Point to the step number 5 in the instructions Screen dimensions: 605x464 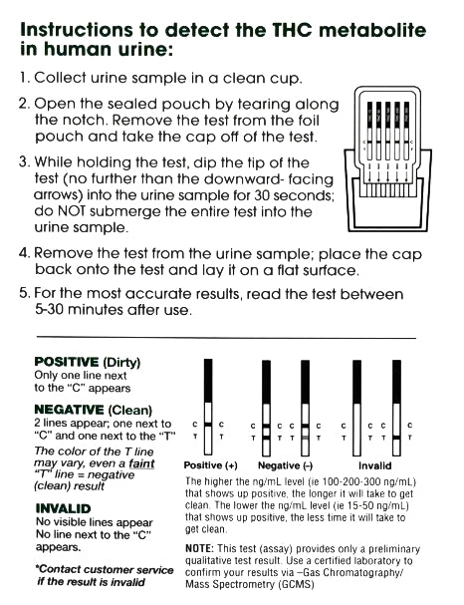click(x=25, y=294)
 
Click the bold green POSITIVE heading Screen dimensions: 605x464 click(x=66, y=360)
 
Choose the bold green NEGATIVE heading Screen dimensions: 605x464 click(x=69, y=410)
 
